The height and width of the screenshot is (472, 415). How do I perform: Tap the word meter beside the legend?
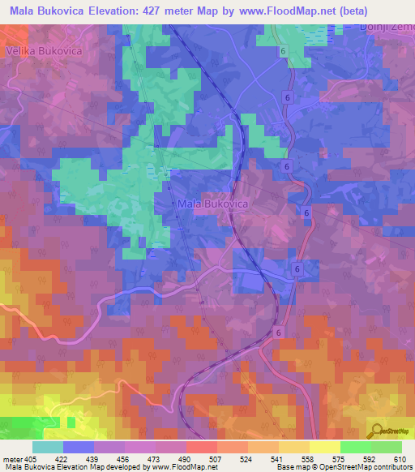pyautogui.click(x=12, y=459)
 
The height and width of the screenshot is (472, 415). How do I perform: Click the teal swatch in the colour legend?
pyautogui.click(x=47, y=447)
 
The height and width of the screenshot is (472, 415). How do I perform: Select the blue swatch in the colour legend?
pyautogui.click(x=78, y=447)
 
